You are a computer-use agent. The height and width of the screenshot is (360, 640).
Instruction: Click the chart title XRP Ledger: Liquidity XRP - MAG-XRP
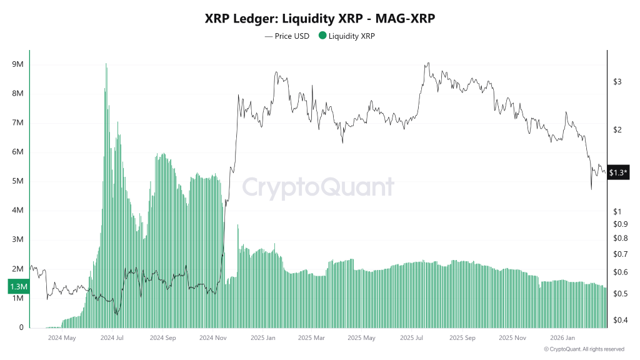point(320,19)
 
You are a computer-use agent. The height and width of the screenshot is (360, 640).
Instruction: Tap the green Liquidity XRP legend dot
point(323,36)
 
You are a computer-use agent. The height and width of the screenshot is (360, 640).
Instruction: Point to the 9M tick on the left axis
point(17,64)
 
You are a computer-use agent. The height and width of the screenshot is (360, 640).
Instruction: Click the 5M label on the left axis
point(17,181)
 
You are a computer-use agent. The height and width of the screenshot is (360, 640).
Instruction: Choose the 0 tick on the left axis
point(21,327)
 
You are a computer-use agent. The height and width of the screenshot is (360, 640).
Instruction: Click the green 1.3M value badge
point(17,286)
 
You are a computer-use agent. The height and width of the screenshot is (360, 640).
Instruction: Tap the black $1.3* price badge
point(619,172)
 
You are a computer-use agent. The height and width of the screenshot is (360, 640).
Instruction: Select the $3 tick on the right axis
point(617,82)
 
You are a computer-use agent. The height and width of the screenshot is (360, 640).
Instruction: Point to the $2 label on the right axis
point(617,130)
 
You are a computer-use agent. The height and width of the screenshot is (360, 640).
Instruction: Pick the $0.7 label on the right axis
point(620,254)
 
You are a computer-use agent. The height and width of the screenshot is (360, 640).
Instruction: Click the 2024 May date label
point(61,338)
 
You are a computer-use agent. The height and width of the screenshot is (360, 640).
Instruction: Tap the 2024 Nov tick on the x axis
point(213,338)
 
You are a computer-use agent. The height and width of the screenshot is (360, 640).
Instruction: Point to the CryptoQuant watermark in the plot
point(318,187)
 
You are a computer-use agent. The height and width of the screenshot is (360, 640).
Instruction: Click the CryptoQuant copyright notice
point(584,349)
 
